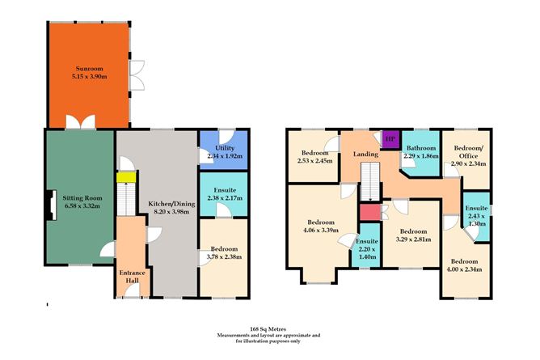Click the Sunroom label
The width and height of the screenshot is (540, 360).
[88, 72]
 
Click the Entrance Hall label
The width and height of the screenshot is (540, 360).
[131, 277]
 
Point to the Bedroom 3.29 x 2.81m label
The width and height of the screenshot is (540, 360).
[413, 235]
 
